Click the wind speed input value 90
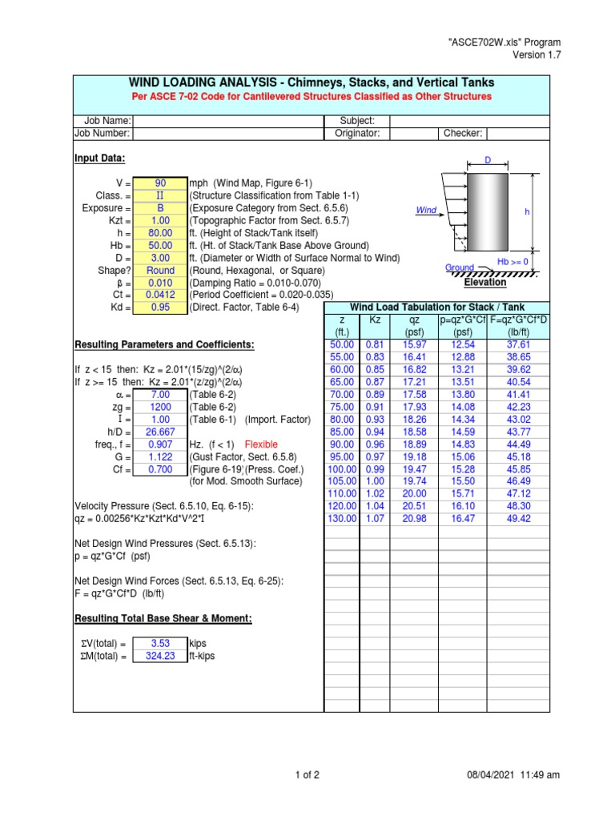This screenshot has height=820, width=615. click(x=159, y=183)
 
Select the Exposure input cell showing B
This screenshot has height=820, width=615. click(x=159, y=207)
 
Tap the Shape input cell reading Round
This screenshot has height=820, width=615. click(x=159, y=271)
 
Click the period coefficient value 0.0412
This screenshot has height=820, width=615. click(x=159, y=295)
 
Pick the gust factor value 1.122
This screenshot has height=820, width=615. click(x=159, y=457)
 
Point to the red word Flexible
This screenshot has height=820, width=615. click(x=261, y=444)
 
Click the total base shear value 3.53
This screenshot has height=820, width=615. click(x=159, y=643)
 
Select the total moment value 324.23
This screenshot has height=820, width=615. click(x=159, y=656)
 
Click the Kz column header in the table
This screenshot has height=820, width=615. click(x=374, y=320)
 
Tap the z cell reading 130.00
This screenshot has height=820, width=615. click(x=342, y=519)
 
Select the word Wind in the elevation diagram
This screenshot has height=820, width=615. click(x=426, y=211)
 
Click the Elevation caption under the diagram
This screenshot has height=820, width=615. click(x=485, y=283)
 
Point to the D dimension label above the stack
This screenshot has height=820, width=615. click(x=485, y=160)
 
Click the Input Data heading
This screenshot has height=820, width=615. click(x=99, y=159)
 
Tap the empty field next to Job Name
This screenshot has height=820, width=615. click(x=227, y=121)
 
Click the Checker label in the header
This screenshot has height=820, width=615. click(x=462, y=134)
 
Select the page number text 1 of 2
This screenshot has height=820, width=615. click(x=307, y=774)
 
